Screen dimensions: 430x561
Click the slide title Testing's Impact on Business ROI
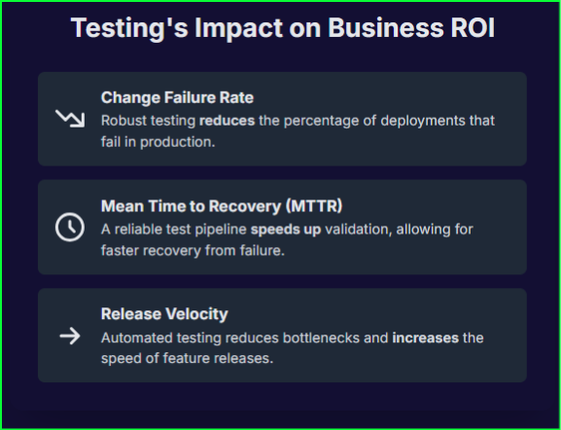pyautogui.click(x=282, y=27)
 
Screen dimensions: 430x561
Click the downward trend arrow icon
pyautogui.click(x=69, y=119)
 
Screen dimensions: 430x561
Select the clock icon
pyautogui.click(x=69, y=228)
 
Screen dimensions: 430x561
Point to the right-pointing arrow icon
pyautogui.click(x=69, y=336)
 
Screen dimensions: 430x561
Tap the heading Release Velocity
pyautogui.click(x=164, y=314)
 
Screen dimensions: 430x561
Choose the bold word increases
pyautogui.click(x=427, y=338)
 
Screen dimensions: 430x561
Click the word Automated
pyautogui.click(x=137, y=338)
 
